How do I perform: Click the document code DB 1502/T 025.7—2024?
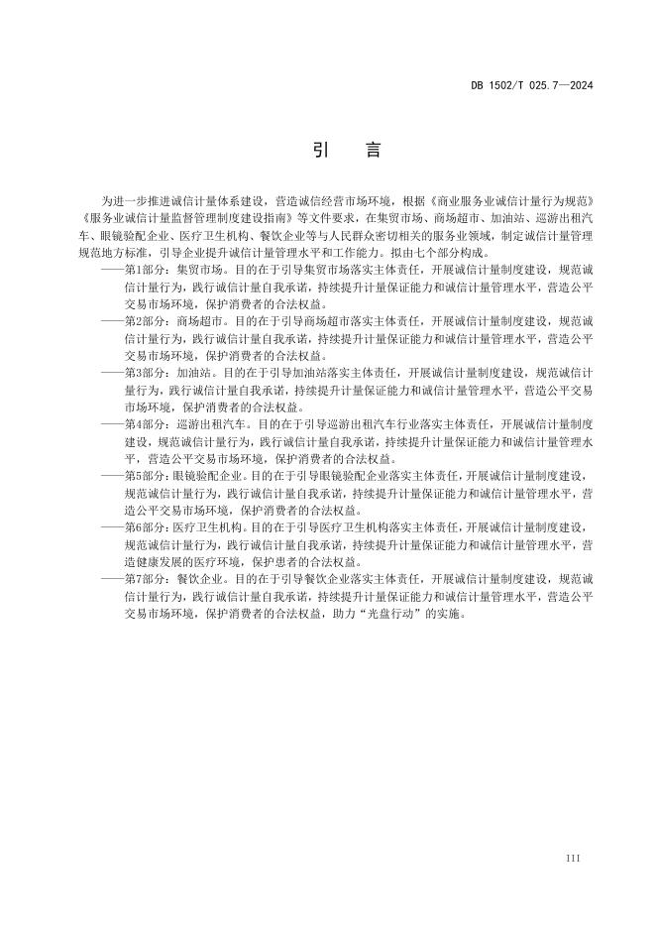[x=531, y=86]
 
